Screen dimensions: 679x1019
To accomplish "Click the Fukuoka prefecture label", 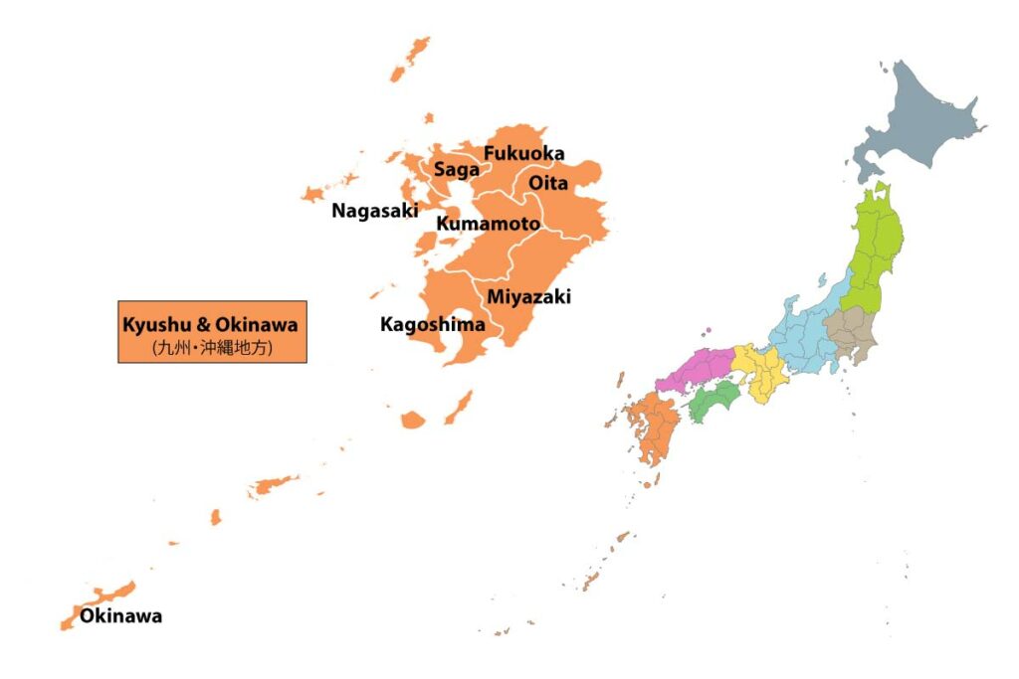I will click(x=523, y=154).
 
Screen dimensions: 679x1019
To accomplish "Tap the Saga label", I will click(x=456, y=170).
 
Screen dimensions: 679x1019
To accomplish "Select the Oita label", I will click(x=548, y=183).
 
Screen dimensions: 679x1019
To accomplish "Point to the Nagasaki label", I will click(x=375, y=211).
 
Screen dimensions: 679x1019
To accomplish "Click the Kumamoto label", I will click(x=488, y=224).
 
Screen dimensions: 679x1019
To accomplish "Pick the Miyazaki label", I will click(x=528, y=296).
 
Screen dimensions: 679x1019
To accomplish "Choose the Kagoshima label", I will click(x=433, y=324).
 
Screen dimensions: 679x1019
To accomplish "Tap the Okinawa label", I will click(x=120, y=616).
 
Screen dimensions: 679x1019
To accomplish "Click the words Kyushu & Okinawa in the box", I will click(x=211, y=324).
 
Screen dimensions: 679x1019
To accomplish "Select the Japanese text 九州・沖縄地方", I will click(x=212, y=348).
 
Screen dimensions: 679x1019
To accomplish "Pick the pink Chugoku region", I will click(x=693, y=371).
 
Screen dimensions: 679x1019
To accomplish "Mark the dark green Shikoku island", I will click(x=713, y=401).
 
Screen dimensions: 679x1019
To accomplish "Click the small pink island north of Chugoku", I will click(x=707, y=331).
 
